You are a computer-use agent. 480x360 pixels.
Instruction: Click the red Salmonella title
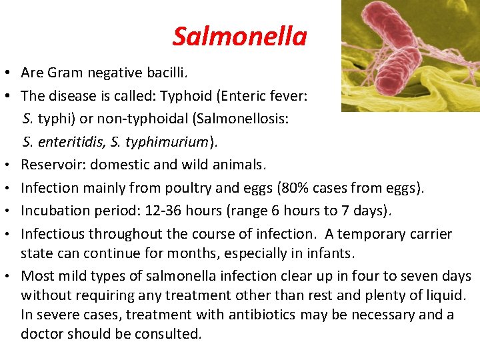coord(239,37)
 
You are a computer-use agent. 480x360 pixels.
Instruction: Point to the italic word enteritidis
coord(66,142)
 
